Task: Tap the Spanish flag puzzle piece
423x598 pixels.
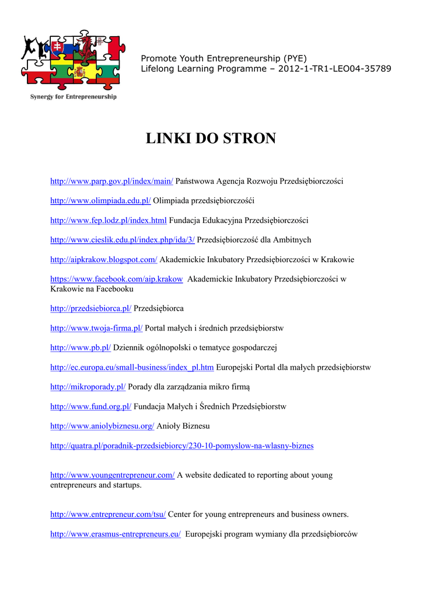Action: point(79,72)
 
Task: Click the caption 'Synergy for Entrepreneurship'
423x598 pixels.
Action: point(73,97)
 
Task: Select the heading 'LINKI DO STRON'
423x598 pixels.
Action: point(211,138)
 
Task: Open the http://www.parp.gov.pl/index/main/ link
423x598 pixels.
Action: point(111,182)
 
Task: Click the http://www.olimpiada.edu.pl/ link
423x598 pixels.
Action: point(100,201)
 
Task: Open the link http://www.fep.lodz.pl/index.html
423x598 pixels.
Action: point(109,220)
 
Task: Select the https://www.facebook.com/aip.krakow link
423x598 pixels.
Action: point(116,279)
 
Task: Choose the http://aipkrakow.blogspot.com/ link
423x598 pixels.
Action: point(103,259)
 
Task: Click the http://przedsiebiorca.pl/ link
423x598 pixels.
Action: point(90,308)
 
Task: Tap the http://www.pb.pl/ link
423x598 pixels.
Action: point(81,347)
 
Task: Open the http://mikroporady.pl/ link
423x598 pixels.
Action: point(88,387)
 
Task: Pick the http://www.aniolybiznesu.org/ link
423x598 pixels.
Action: point(102,426)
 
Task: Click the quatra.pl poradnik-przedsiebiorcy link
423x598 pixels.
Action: point(181,446)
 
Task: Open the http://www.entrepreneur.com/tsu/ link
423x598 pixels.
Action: point(108,514)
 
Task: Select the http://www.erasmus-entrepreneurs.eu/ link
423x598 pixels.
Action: point(116,534)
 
